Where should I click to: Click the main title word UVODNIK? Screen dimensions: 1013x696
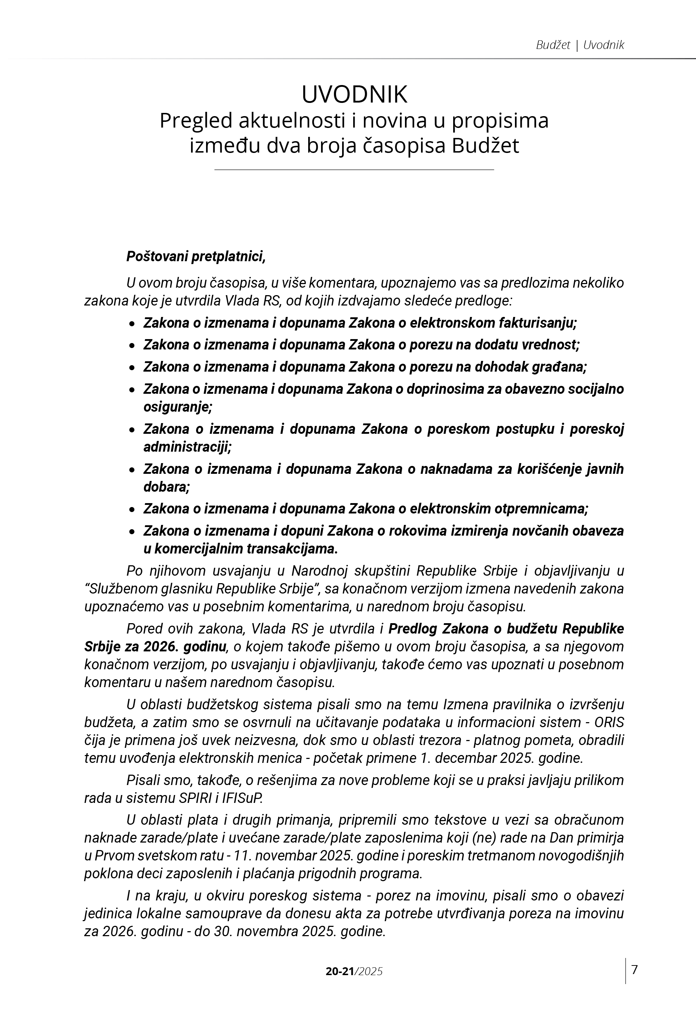pyautogui.click(x=354, y=94)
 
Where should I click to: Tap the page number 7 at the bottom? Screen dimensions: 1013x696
pyautogui.click(x=635, y=958)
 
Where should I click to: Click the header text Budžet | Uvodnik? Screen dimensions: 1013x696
pyautogui.click(x=580, y=45)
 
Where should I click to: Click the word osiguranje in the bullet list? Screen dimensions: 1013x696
pyautogui.click(x=177, y=407)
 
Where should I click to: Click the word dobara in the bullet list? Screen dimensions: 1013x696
pyautogui.click(x=166, y=487)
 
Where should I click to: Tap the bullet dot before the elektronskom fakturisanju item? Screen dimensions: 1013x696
pyautogui.click(x=132, y=324)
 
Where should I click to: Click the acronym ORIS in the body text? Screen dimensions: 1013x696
pyautogui.click(x=609, y=722)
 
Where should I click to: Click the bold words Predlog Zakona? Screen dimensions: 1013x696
pyautogui.click(x=438, y=629)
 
